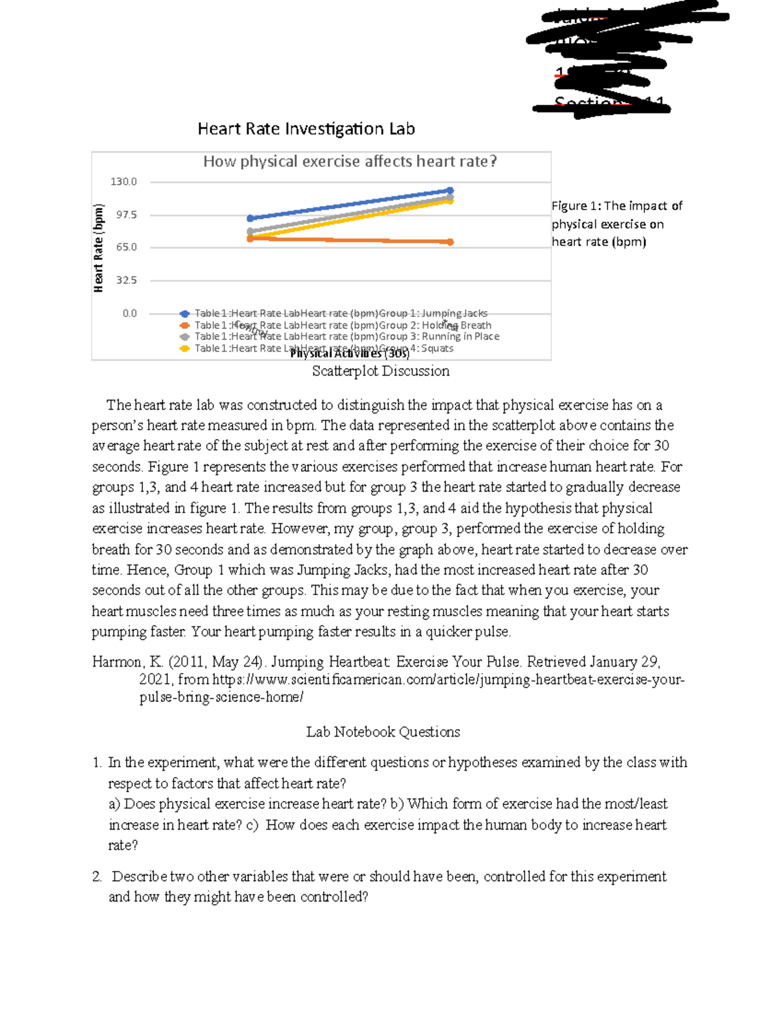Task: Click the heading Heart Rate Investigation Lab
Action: point(306,129)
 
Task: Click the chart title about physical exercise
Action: point(350,161)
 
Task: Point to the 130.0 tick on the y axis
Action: point(123,182)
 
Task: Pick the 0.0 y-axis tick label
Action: point(129,313)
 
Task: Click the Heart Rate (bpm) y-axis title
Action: point(99,248)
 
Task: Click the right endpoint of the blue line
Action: point(450,190)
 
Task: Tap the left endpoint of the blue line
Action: point(251,219)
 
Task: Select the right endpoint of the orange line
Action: point(450,242)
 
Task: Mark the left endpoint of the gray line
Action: point(251,232)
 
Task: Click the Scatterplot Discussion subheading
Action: point(380,371)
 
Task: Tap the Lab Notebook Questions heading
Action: point(383,732)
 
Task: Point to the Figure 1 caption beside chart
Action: point(616,224)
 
